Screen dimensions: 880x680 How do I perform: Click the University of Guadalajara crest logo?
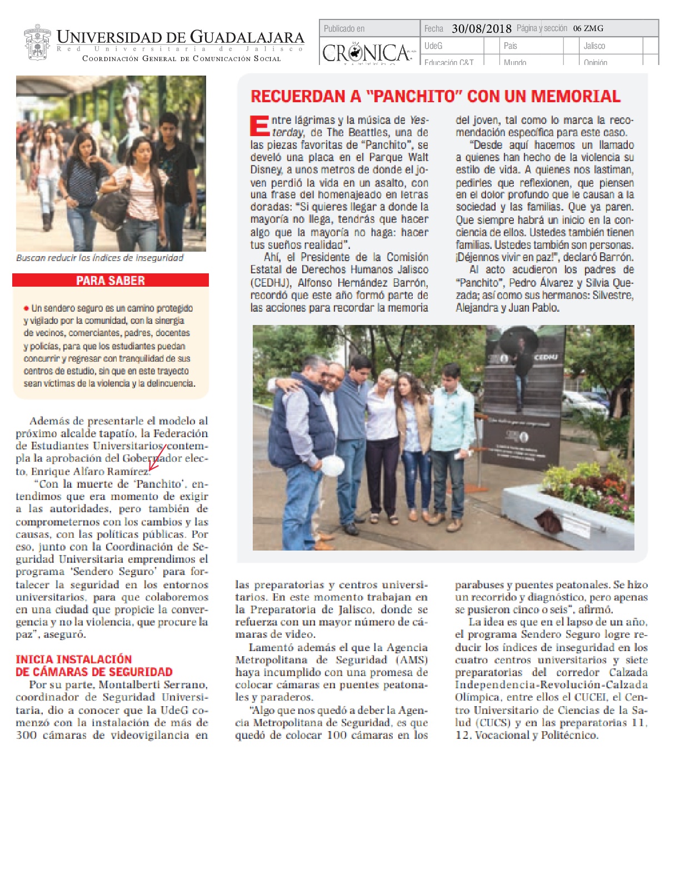pyautogui.click(x=37, y=42)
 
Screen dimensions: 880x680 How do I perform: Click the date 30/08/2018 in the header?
pyautogui.click(x=481, y=28)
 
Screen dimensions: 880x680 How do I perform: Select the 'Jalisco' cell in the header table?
pyautogui.click(x=594, y=46)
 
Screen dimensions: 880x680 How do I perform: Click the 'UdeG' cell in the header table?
pyautogui.click(x=433, y=46)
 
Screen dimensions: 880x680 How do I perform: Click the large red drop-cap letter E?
pyautogui.click(x=259, y=126)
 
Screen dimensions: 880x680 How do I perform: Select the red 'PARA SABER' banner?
pyautogui.click(x=111, y=281)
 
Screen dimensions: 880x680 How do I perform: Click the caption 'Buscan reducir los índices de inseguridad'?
pyautogui.click(x=99, y=258)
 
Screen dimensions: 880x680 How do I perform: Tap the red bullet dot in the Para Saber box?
pyautogui.click(x=26, y=308)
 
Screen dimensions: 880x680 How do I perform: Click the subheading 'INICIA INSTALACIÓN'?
pyautogui.click(x=74, y=659)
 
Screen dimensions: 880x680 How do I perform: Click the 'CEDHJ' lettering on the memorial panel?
pyautogui.click(x=546, y=358)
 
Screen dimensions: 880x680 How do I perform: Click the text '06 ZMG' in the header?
pyautogui.click(x=588, y=28)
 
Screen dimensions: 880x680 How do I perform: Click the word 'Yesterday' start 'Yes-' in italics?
pyautogui.click(x=419, y=120)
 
